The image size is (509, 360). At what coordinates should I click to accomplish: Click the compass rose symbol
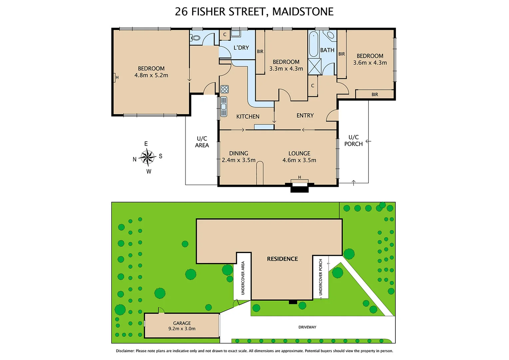coord(147,157)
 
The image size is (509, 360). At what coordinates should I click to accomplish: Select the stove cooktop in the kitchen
coord(225,89)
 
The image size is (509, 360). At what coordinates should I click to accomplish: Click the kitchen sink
coord(224,107)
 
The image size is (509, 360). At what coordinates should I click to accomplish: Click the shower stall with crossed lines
coord(314,66)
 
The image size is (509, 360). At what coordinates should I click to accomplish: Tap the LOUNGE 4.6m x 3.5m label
coord(299,157)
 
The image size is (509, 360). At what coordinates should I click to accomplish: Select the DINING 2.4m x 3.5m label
coord(239,157)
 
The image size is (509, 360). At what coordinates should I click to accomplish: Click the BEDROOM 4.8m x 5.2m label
coord(151,72)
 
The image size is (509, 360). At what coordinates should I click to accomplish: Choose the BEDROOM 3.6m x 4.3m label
coord(370,59)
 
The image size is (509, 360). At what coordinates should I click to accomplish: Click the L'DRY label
coord(241,48)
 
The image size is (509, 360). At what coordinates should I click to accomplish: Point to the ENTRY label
coord(305,115)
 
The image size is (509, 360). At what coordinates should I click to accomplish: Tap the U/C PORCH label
coord(353,140)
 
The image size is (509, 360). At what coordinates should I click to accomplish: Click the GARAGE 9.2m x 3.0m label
coord(182,326)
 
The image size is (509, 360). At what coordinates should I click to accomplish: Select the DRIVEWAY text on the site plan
coord(307,327)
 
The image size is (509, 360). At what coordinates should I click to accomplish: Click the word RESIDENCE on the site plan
coord(282,259)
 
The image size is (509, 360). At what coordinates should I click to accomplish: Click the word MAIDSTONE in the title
coord(303,12)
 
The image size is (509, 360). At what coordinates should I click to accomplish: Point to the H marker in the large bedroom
coord(117,77)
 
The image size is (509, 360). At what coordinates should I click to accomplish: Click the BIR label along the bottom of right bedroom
coord(375,95)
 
